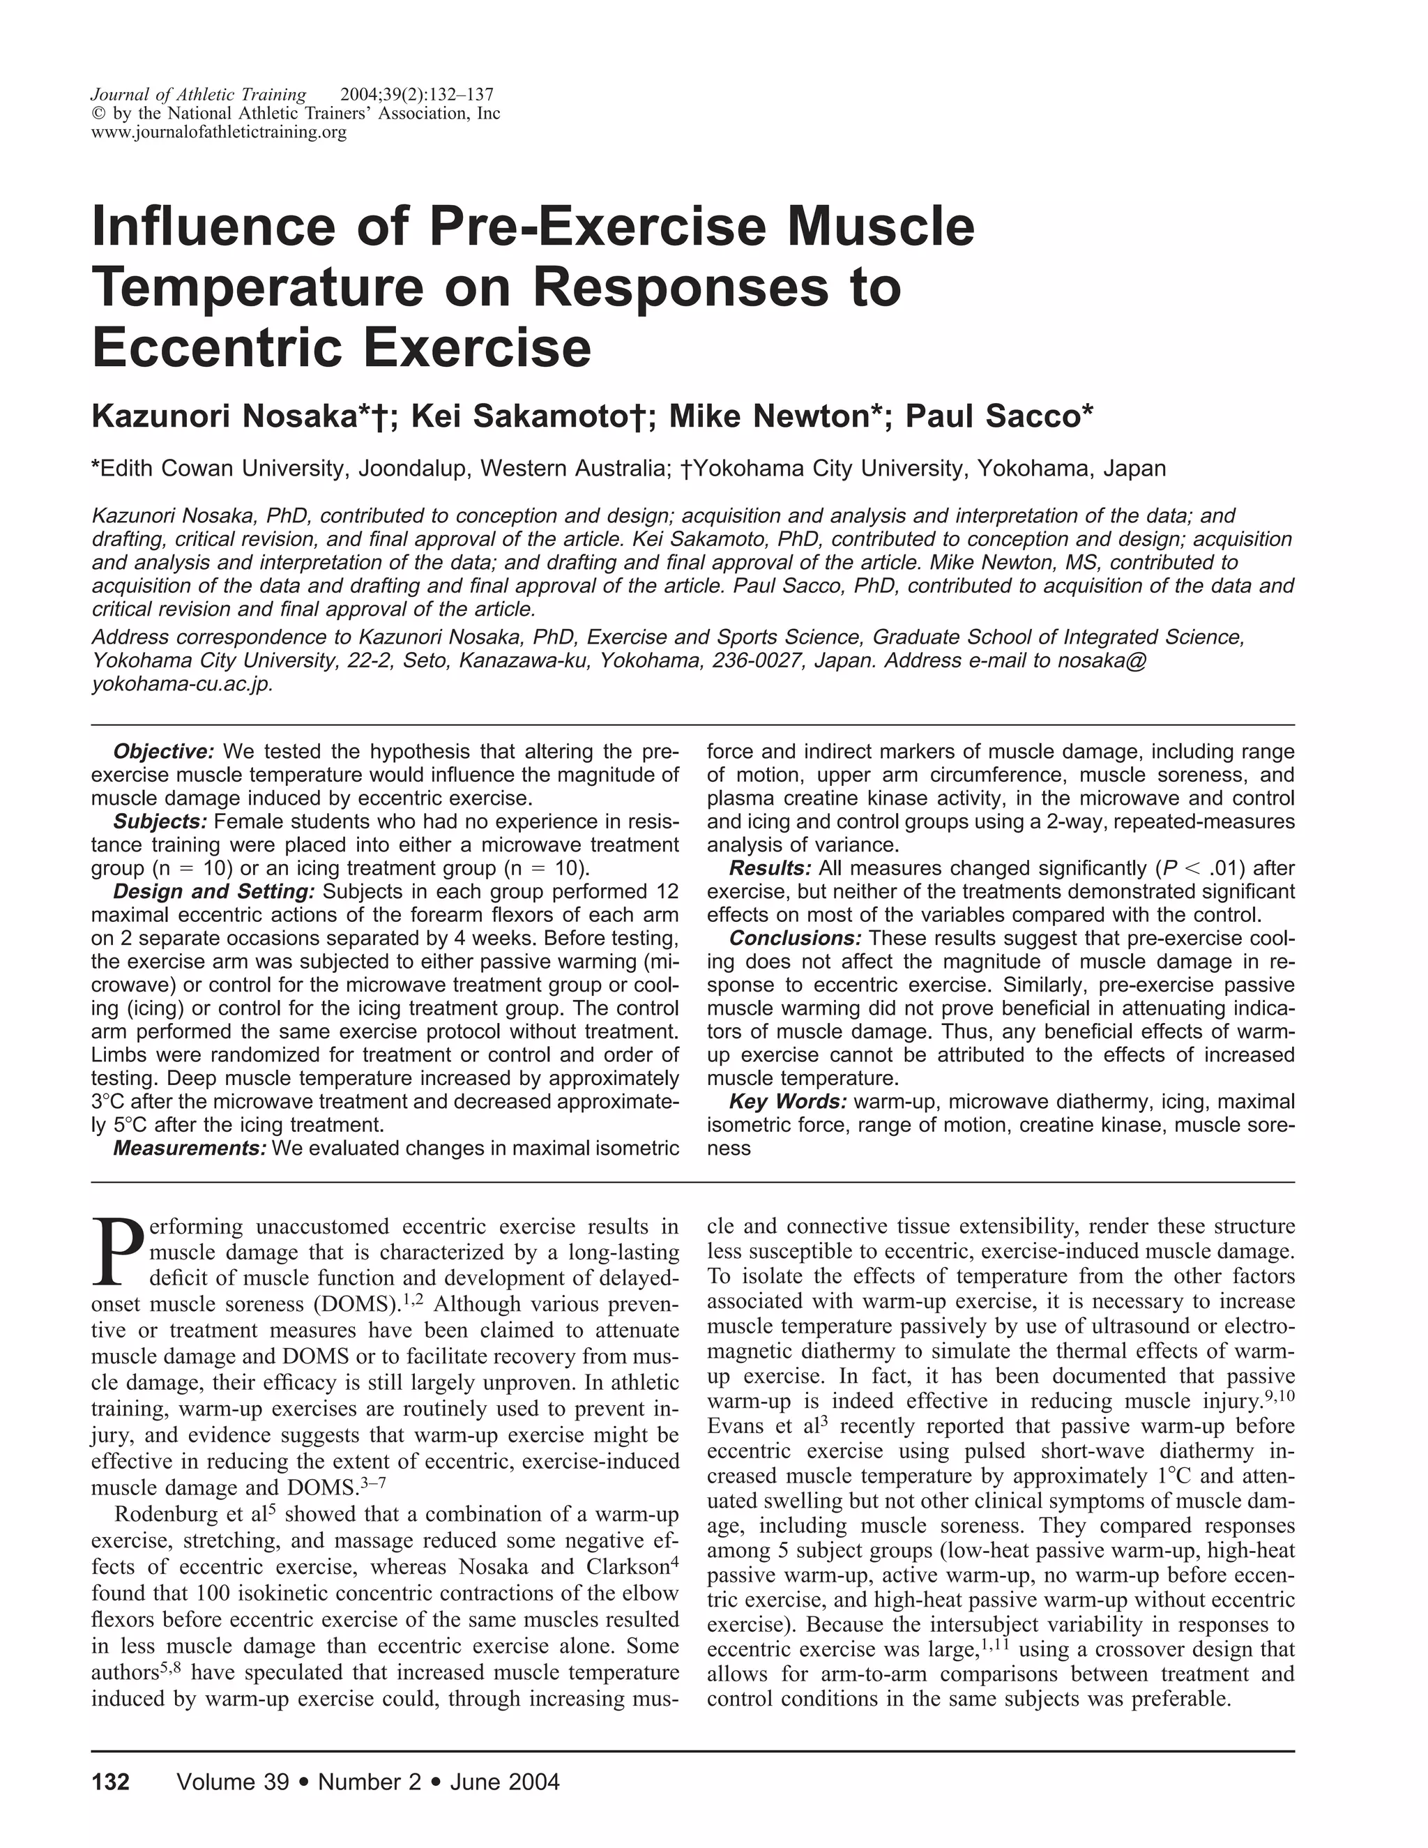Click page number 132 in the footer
pos(111,1782)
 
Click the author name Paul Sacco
pos(995,416)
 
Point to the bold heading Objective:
pos(164,751)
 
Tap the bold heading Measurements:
pos(190,1149)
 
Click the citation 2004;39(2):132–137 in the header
pos(416,95)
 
